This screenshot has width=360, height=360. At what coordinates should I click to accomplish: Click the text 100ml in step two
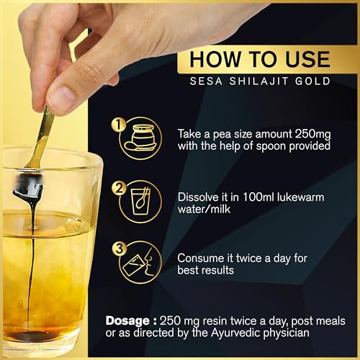tap(269, 192)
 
